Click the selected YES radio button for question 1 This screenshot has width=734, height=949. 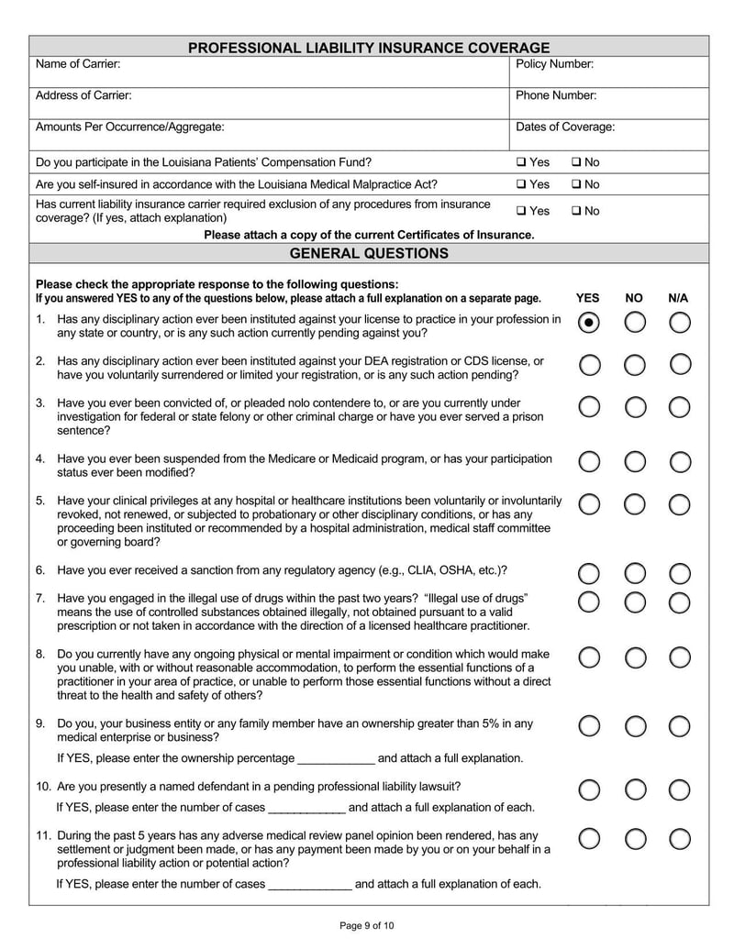coord(590,323)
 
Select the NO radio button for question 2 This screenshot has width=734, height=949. coord(635,365)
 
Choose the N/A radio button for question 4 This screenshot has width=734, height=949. coord(680,461)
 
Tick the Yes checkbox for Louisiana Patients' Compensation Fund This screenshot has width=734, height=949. coord(521,162)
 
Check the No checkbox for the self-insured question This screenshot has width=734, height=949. coord(576,184)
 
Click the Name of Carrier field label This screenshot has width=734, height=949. coord(78,64)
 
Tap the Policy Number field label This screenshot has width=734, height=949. coord(554,64)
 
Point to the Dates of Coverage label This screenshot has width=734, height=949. coord(565,127)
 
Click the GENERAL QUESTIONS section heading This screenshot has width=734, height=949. coord(369,253)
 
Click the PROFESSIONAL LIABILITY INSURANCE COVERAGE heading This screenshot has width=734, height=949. coord(369,48)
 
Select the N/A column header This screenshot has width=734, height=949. coord(678,298)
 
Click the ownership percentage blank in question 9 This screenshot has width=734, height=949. coord(337,759)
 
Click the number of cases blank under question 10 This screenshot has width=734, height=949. coord(306,808)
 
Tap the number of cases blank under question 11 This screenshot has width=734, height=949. coord(308,885)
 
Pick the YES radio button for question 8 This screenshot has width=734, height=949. coord(590,657)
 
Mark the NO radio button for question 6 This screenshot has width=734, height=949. coord(635,574)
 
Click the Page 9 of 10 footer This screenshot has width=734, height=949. coord(367,926)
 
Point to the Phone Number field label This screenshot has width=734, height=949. coord(556,95)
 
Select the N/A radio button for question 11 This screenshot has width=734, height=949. coord(680,839)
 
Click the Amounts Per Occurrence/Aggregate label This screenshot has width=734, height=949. coord(129,127)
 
